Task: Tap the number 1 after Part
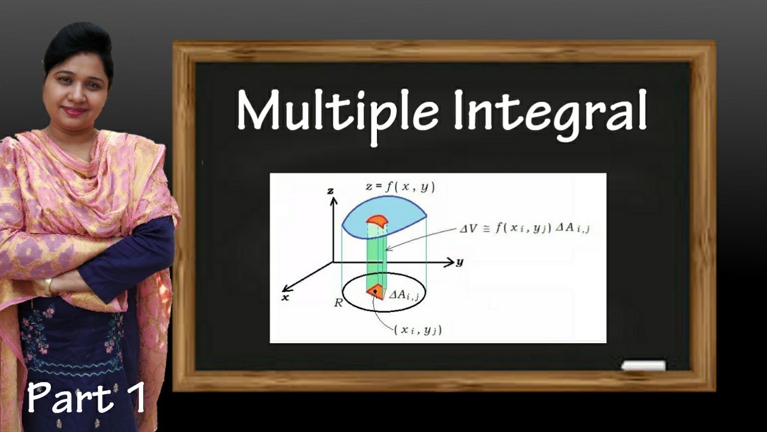[135, 397]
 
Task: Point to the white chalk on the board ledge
[643, 365]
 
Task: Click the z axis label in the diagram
[330, 191]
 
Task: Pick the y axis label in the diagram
[460, 262]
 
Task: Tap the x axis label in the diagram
[285, 297]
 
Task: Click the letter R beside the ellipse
[339, 302]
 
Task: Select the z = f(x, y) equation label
[400, 187]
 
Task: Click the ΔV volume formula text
[525, 228]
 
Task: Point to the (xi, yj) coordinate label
[418, 329]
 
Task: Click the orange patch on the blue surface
[377, 220]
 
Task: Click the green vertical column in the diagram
[376, 258]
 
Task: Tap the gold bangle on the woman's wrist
[49, 287]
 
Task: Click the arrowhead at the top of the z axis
[330, 200]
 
